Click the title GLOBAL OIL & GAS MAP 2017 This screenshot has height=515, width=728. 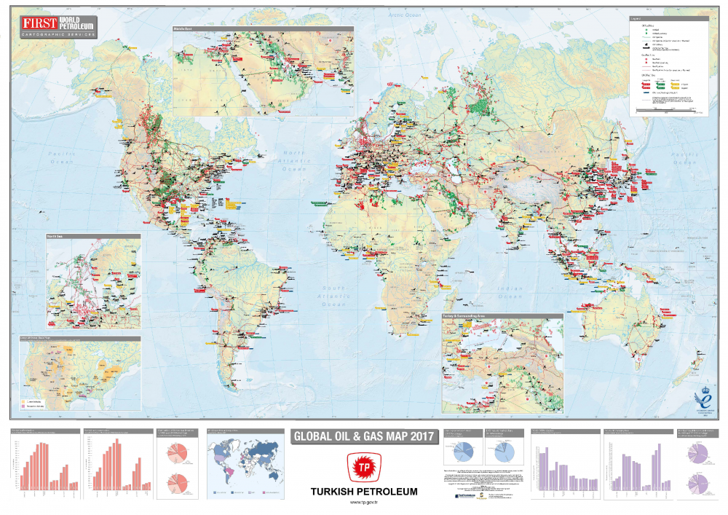[x=363, y=436]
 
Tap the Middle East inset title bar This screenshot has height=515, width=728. [x=262, y=29]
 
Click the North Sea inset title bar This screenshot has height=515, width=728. [x=93, y=236]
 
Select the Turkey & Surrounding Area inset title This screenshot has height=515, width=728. [x=502, y=317]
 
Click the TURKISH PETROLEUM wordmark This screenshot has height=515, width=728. [x=364, y=492]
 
